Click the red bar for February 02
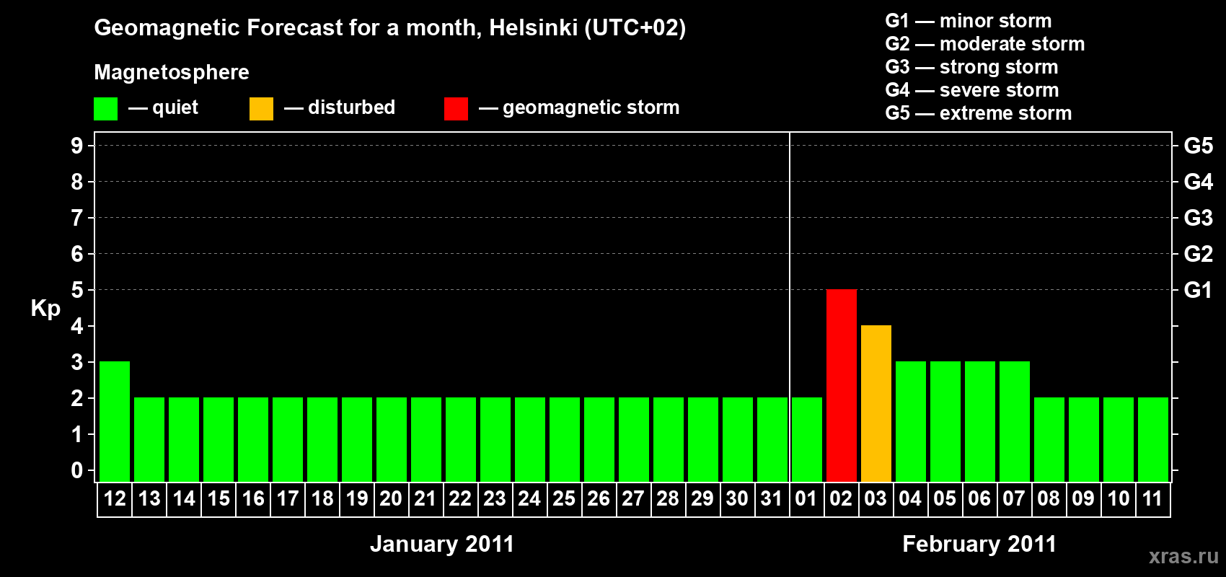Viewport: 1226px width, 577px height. (x=841, y=385)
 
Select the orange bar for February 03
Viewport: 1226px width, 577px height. (x=876, y=403)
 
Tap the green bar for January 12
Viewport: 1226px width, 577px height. (x=115, y=421)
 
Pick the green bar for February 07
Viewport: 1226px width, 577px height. (x=1014, y=421)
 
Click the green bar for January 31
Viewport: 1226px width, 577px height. (x=772, y=439)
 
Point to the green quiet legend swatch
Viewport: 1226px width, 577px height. (x=105, y=109)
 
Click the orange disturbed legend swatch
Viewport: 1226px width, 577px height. (x=261, y=109)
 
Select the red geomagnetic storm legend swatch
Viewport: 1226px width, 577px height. (x=456, y=109)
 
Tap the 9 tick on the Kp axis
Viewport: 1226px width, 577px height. (x=77, y=146)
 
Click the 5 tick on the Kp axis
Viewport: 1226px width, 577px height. (x=77, y=290)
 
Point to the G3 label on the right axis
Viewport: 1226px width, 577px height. (x=1198, y=218)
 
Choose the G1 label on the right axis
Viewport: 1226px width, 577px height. (x=1198, y=290)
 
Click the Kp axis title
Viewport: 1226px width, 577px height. (x=45, y=309)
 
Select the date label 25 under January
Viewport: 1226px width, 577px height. (x=564, y=498)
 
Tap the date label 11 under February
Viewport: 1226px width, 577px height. (x=1152, y=498)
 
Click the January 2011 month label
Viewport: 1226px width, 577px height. (x=442, y=544)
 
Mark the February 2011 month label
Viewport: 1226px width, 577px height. (x=979, y=544)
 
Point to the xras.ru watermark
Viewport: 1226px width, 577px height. (x=1183, y=556)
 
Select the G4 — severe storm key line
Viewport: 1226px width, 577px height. (x=971, y=90)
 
